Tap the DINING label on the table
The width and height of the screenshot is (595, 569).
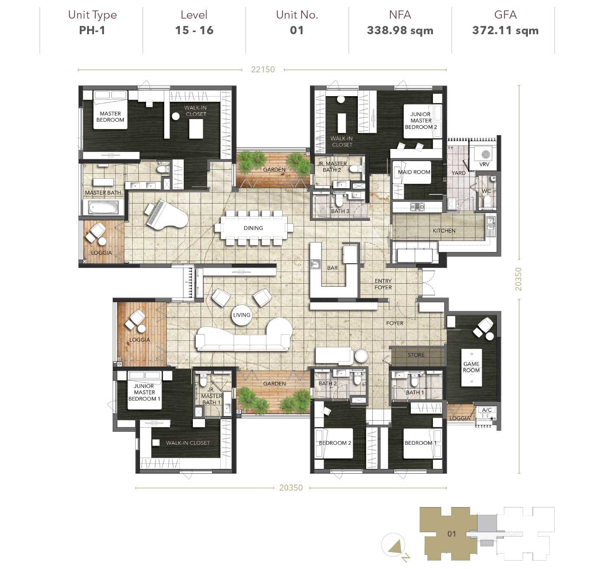[x=253, y=228]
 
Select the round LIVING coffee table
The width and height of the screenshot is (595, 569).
[x=241, y=315]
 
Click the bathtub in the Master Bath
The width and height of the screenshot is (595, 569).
[x=103, y=207]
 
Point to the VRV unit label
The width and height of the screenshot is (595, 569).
[x=484, y=165]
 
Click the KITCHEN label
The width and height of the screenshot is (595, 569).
[x=444, y=231]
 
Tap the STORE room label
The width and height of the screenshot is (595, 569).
[x=416, y=355]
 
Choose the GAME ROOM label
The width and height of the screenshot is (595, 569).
[x=471, y=367]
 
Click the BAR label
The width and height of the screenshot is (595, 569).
[x=332, y=268]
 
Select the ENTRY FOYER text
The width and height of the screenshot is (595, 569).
[x=383, y=284]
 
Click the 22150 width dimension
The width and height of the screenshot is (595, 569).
[x=263, y=69]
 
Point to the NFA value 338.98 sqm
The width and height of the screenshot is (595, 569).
[x=400, y=30]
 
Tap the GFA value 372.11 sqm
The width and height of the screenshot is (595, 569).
[x=505, y=30]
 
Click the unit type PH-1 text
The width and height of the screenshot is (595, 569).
[x=92, y=30]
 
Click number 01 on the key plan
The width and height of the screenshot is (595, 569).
[x=452, y=533]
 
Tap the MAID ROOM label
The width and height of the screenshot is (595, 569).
[x=414, y=172]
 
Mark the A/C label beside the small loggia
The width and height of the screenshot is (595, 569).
[x=487, y=410]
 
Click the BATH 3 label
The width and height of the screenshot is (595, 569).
[x=340, y=211]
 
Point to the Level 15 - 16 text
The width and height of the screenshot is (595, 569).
[x=194, y=30]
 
